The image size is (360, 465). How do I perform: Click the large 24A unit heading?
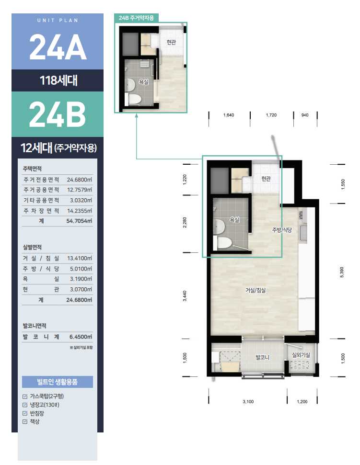click(x=58, y=47)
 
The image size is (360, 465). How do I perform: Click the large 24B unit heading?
click(x=58, y=114)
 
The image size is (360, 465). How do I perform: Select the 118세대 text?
click(x=58, y=80)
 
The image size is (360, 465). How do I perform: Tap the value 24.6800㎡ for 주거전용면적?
click(x=79, y=180)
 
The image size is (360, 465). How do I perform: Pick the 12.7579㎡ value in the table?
click(x=79, y=190)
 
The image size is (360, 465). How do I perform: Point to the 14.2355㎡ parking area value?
click(x=79, y=211)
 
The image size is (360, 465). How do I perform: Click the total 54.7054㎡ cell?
click(x=79, y=221)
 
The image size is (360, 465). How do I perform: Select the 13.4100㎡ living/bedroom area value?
click(x=79, y=258)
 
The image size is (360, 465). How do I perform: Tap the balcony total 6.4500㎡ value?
click(x=81, y=337)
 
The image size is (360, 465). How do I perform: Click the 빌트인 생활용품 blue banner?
click(x=57, y=382)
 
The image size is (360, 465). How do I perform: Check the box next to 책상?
click(x=25, y=422)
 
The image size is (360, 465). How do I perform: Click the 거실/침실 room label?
click(x=255, y=291)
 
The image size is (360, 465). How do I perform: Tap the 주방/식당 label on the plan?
click(x=282, y=230)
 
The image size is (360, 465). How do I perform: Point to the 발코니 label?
click(x=262, y=358)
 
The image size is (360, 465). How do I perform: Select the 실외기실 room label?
click(x=301, y=355)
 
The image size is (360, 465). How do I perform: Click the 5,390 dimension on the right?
click(x=342, y=272)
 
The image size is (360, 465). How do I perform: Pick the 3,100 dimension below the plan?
click(x=248, y=402)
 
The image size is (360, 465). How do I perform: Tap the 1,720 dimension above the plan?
click(x=271, y=115)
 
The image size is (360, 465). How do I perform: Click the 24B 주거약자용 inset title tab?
click(x=136, y=18)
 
